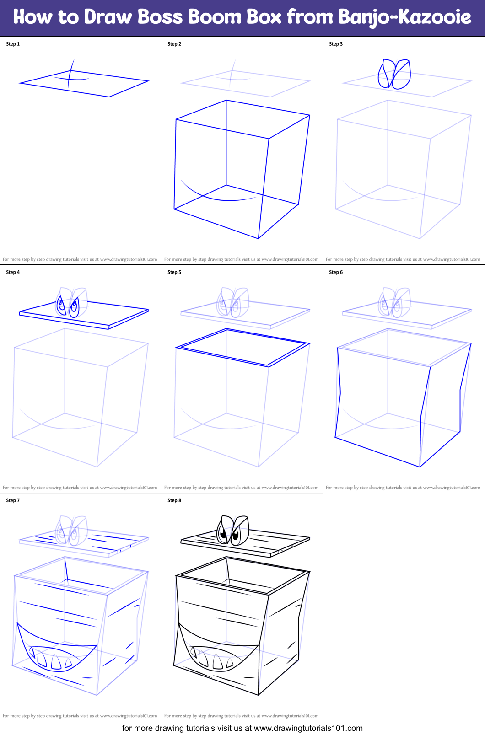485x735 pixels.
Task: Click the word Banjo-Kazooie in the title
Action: pos(404,17)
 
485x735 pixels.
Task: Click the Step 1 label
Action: pos(13,44)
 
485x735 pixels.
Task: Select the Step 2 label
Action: pos(174,44)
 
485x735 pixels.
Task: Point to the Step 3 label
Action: pos(336,44)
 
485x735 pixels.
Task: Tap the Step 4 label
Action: pos(13,272)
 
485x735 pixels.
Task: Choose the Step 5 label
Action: pos(174,272)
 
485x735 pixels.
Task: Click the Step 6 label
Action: pos(336,272)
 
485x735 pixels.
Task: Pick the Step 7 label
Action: pos(13,500)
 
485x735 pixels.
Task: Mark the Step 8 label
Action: pos(174,500)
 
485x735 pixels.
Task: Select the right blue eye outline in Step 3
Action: pos(402,74)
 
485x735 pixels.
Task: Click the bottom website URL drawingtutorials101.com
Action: pos(308,728)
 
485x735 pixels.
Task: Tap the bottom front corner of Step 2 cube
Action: pos(259,238)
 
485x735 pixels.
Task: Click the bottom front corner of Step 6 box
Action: pos(420,467)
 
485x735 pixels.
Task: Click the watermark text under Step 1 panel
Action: pos(80,259)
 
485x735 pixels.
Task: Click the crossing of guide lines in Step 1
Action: pos(70,78)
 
